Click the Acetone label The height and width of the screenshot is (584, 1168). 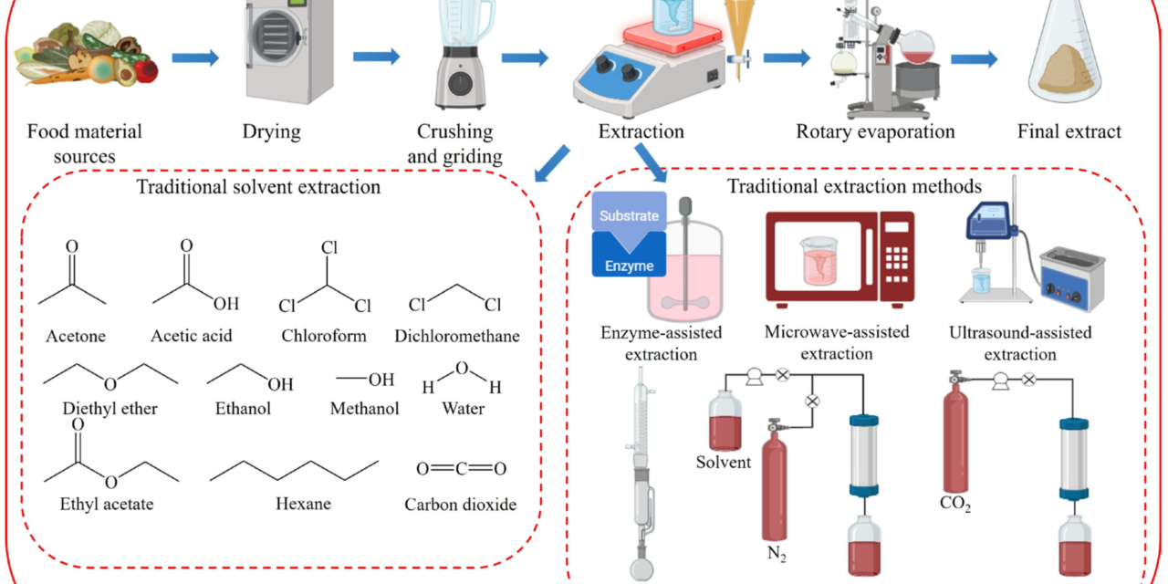tap(76, 336)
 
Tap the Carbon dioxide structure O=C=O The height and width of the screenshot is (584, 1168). tap(461, 469)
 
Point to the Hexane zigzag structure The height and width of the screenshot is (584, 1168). tap(294, 469)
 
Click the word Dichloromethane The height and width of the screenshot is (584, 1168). tap(457, 336)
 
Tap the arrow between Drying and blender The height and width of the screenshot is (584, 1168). tap(377, 57)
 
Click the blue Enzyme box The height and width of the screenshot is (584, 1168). tap(629, 255)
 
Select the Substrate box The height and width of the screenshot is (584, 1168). tap(629, 217)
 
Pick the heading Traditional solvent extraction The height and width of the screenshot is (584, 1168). tap(257, 188)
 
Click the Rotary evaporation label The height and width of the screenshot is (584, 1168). tap(875, 131)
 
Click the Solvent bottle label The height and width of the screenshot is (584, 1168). tap(723, 462)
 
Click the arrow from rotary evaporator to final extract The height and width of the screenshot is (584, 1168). tap(974, 60)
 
